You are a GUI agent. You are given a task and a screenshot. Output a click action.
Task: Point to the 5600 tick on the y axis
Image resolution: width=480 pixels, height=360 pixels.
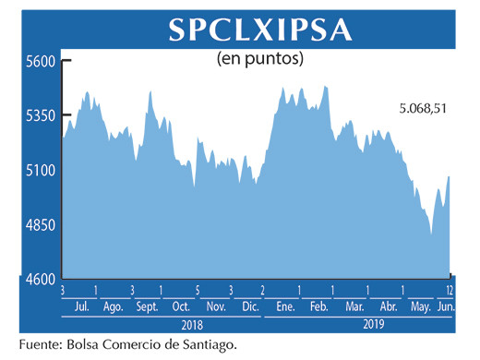pyautogui.click(x=40, y=62)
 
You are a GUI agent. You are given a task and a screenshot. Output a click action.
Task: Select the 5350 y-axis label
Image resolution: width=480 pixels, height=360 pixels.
pyautogui.click(x=40, y=116)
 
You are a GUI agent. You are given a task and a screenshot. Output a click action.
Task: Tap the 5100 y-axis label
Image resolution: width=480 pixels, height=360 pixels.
pyautogui.click(x=40, y=171)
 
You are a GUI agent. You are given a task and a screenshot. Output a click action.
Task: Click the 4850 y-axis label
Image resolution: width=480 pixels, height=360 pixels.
pyautogui.click(x=40, y=225)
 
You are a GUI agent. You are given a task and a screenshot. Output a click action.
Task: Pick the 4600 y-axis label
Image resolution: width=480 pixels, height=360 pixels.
pyautogui.click(x=40, y=280)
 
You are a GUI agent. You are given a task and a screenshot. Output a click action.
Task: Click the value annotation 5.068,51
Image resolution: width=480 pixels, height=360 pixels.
pyautogui.click(x=423, y=110)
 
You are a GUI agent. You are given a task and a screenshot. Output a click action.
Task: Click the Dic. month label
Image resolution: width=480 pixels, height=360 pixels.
pyautogui.click(x=248, y=306)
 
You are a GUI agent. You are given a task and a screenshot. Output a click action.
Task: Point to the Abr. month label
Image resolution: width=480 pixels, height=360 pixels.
pyautogui.click(x=389, y=306)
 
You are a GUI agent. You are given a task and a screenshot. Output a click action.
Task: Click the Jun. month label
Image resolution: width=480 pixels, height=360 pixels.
pyautogui.click(x=445, y=306)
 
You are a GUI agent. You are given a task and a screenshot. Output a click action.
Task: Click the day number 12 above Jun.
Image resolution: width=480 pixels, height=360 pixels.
pyautogui.click(x=450, y=290)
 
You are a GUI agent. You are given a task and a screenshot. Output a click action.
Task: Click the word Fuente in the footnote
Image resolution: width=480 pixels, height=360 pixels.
pyautogui.click(x=42, y=344)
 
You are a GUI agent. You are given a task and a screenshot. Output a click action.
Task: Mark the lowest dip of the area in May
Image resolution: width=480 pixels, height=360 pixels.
pyautogui.click(x=431, y=234)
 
